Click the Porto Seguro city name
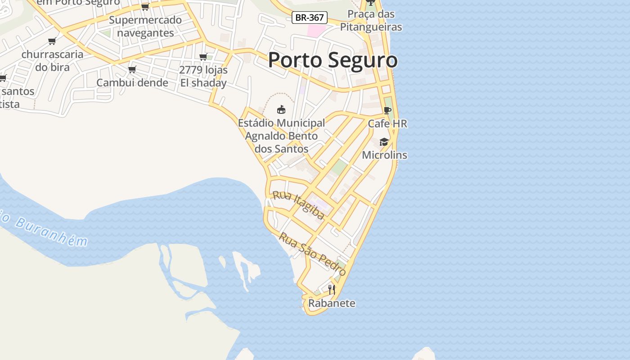pyautogui.click(x=333, y=60)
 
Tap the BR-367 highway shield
pyautogui.click(x=309, y=18)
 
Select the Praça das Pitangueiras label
pyautogui.click(x=371, y=21)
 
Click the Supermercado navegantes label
pyautogui.click(x=145, y=27)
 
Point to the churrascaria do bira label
pyautogui.click(x=52, y=61)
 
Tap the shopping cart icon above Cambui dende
pyautogui.click(x=132, y=70)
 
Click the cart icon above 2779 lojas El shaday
pyautogui.click(x=203, y=57)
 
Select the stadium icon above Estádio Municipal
pyautogui.click(x=281, y=109)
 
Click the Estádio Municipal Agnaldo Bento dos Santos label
pyautogui.click(x=281, y=135)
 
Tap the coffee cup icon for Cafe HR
pyautogui.click(x=387, y=111)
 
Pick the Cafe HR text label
pyautogui.click(x=387, y=123)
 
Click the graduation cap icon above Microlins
pyautogui.click(x=384, y=142)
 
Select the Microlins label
pyautogui.click(x=384, y=155)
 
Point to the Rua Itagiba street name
pyautogui.click(x=298, y=205)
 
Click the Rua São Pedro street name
pyautogui.click(x=313, y=254)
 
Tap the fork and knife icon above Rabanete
pyautogui.click(x=332, y=290)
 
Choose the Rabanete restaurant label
pyautogui.click(x=332, y=303)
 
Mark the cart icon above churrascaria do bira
pyautogui.click(x=52, y=41)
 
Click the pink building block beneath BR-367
pyautogui.click(x=316, y=31)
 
